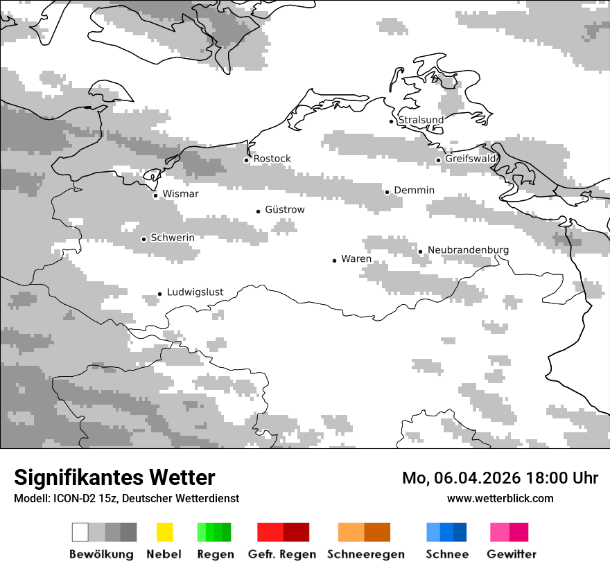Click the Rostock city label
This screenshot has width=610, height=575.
(x=272, y=159)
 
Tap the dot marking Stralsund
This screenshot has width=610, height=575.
(x=392, y=121)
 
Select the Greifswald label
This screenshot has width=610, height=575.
(x=471, y=159)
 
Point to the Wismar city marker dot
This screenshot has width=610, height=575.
(x=156, y=195)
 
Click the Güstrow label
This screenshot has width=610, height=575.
(x=284, y=209)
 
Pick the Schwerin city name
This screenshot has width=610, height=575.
(x=173, y=238)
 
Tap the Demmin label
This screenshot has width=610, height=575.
(x=414, y=190)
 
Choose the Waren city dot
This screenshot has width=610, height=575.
(x=335, y=260)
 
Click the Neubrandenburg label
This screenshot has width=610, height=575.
(x=468, y=249)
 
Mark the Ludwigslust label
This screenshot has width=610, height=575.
(x=195, y=292)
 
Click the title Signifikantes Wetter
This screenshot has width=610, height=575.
(x=114, y=477)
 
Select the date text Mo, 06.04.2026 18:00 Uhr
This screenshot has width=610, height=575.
(x=500, y=478)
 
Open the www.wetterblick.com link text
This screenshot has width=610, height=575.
(x=500, y=498)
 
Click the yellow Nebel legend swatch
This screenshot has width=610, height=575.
(x=164, y=532)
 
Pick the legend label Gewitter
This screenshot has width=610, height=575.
(x=511, y=554)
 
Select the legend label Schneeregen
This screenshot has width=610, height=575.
(x=365, y=554)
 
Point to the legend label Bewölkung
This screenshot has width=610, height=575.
(x=101, y=554)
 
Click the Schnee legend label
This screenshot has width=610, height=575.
(x=446, y=554)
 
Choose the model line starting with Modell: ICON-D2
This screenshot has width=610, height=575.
(x=126, y=498)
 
